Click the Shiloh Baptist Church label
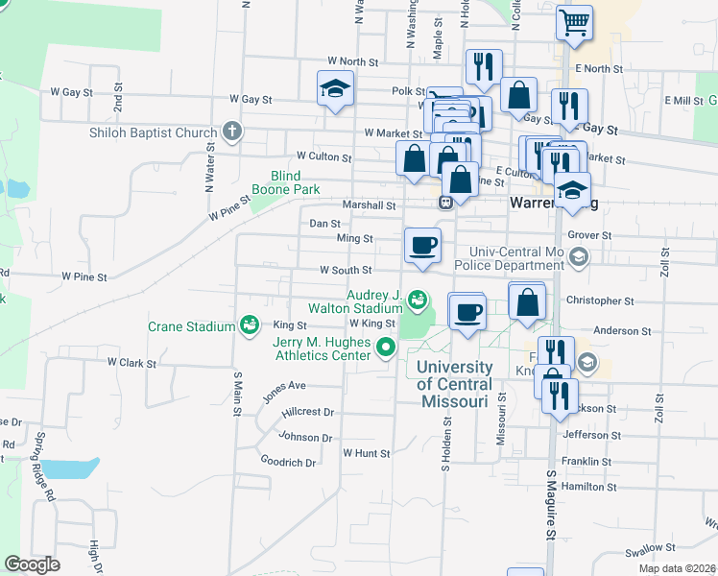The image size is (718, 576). tap(154, 132)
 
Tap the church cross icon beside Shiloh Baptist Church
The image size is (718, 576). tap(230, 132)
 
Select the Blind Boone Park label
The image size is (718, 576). tap(286, 182)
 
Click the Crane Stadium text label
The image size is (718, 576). tap(191, 326)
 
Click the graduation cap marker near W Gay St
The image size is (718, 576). tap(336, 90)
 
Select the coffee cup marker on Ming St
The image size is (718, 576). tap(422, 246)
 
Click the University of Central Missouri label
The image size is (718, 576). tap(457, 384)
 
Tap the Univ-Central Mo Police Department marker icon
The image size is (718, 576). tap(579, 256)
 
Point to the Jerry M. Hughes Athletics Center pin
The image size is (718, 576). tap(386, 348)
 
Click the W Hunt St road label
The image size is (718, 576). tap(366, 453)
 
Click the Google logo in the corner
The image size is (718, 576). tap(32, 564)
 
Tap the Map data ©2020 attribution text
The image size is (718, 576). tap(676, 568)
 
